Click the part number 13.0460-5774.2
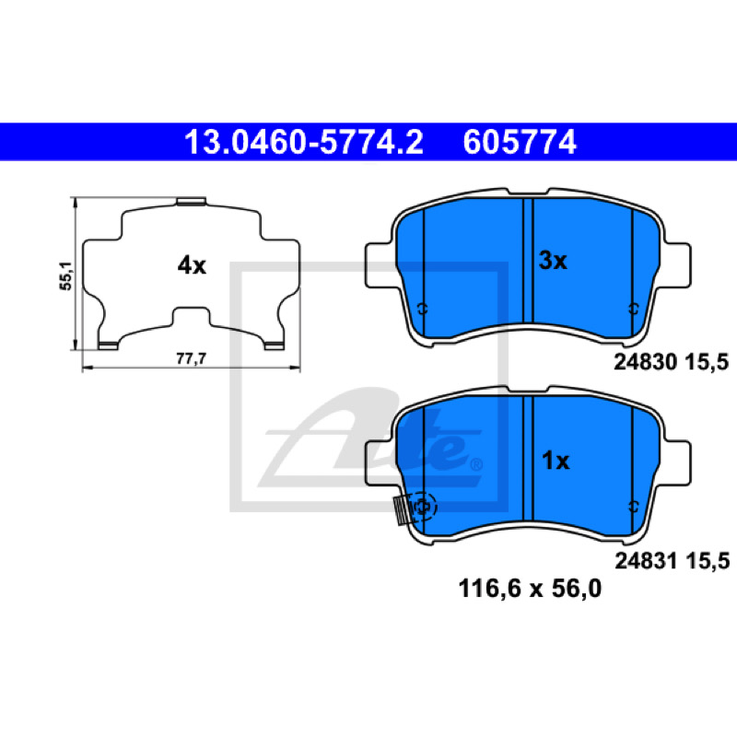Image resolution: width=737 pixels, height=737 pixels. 304,142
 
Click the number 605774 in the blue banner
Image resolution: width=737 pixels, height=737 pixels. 520,142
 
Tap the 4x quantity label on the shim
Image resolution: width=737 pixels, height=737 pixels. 192,265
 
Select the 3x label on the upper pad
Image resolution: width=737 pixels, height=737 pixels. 553,261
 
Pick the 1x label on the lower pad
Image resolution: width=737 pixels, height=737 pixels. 556,461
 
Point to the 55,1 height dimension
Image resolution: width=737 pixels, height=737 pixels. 65,275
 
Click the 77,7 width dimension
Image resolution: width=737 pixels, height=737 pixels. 192,358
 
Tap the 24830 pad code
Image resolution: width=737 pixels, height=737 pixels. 646,362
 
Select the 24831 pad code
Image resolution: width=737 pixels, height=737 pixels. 646,561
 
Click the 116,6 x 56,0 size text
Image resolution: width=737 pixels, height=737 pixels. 530,589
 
